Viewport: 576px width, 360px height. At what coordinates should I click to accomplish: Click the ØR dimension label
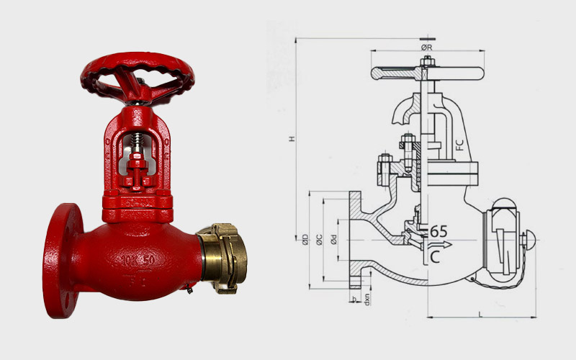(426, 47)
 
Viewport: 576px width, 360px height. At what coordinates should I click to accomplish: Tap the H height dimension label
(292, 138)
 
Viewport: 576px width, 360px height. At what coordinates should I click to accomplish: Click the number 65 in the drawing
(439, 231)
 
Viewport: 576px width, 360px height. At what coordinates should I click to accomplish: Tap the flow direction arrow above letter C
(441, 245)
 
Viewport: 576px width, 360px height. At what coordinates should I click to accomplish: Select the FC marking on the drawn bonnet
(459, 143)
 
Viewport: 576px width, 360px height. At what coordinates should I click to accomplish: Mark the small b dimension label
(354, 297)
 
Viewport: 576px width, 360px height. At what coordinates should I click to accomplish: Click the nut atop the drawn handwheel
(427, 60)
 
